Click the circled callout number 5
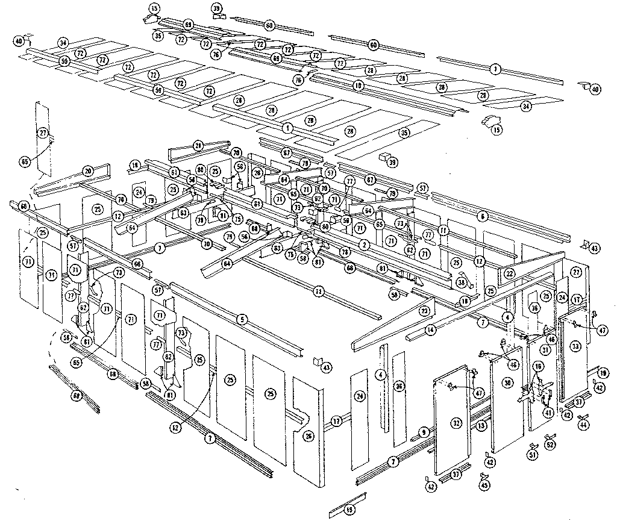[242, 319]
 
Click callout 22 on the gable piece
[509, 273]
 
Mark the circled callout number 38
[462, 281]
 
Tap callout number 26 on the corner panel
[308, 436]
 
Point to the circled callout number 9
[424, 432]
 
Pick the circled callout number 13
[481, 425]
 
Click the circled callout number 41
[548, 413]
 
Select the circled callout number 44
[582, 425]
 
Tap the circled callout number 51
[532, 455]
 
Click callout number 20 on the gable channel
[88, 171]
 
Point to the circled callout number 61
[174, 173]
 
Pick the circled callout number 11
[443, 230]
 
